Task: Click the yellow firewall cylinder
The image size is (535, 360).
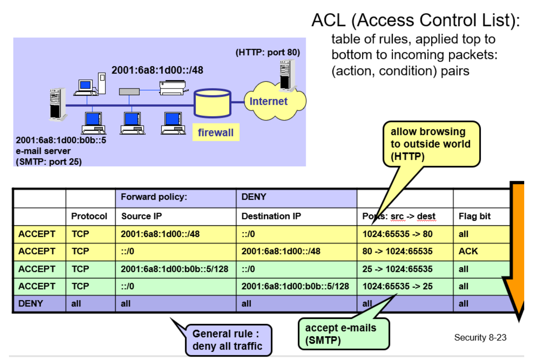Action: pos(212,103)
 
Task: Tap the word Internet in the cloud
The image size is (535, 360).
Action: pos(268,101)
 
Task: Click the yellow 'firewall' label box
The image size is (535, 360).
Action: pos(216,132)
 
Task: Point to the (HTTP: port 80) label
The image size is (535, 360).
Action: pos(267,52)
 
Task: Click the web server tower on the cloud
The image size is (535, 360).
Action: pos(288,75)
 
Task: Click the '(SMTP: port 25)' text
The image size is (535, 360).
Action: pos(49,162)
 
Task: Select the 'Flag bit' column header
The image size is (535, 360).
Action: pos(474,216)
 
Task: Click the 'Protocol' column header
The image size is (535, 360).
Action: pos(89,216)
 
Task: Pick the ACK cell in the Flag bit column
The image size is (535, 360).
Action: pos(468,251)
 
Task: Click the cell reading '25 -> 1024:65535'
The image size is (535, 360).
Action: pos(397,269)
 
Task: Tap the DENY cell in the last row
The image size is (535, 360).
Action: pos(31,304)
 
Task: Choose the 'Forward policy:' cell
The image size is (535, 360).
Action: pos(154,197)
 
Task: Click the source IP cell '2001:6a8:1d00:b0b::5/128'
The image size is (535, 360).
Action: pos(175,269)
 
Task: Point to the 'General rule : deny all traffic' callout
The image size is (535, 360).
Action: pos(228,340)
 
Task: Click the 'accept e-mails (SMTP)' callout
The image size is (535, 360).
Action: pos(344,334)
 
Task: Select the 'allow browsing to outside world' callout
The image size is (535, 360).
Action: pos(431,144)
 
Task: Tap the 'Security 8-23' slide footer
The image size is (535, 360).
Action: pos(480,337)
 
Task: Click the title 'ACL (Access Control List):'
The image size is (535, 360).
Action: pos(416,20)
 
